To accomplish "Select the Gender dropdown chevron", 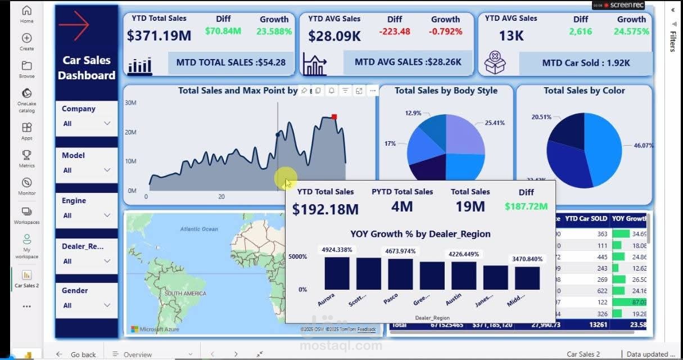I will point(107,305).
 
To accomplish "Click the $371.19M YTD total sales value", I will point(159,36).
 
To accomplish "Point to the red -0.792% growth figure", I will point(445,31).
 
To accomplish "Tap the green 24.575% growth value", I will point(631,31).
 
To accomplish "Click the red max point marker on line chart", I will point(334,117).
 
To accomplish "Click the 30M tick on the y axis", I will point(130,103).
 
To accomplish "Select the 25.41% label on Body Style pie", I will point(494,123).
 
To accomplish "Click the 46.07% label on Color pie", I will point(644,145).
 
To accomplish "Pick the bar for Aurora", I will point(337,273).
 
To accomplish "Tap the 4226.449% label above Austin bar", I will point(464,254).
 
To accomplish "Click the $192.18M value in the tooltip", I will point(325,209).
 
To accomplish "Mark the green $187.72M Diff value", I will point(526,206).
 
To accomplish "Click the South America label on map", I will point(186,294).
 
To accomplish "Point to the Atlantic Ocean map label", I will point(199,229).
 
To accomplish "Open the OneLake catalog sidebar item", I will point(26,100).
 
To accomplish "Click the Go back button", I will point(77,354).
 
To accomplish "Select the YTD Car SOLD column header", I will point(586,218).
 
